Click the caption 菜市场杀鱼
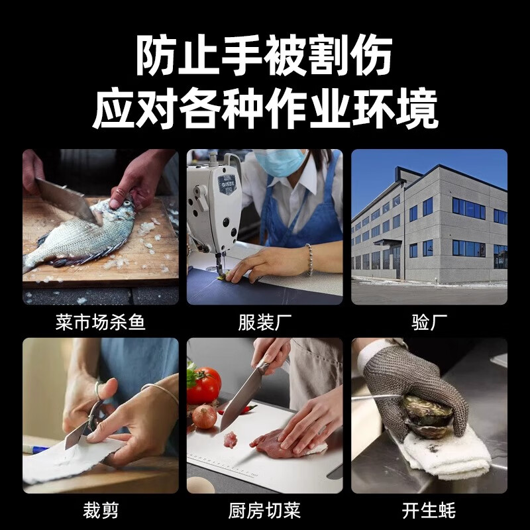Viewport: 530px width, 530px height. (101, 323)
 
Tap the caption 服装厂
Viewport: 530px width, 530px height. (265, 323)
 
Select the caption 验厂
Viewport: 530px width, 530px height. (429, 323)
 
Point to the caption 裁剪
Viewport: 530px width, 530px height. (101, 511)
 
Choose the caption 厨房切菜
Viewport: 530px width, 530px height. (265, 511)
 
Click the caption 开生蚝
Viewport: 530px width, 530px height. (429, 511)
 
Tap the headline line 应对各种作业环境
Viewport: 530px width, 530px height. (265, 109)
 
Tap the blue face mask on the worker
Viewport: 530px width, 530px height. (281, 162)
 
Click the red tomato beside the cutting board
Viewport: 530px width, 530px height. (205, 386)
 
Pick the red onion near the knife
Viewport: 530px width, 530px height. (204, 417)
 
